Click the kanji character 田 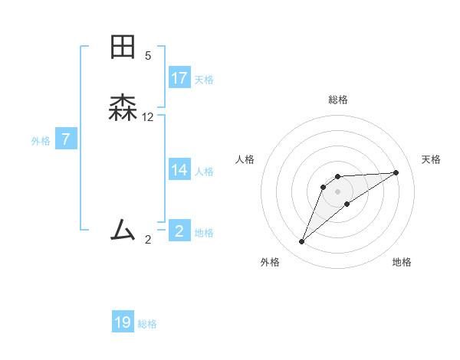[x=123, y=47]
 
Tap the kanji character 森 [x=123, y=108]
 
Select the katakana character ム [x=123, y=229]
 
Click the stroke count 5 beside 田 [x=148, y=55]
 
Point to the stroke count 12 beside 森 [x=148, y=117]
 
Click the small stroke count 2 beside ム [x=148, y=240]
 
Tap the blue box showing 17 [x=179, y=78]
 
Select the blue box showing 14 [x=179, y=170]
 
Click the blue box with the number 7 [x=67, y=140]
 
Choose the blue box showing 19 [x=123, y=322]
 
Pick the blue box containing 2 [x=179, y=231]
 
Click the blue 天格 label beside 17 [x=204, y=80]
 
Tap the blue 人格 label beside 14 [x=204, y=172]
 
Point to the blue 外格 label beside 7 [x=41, y=141]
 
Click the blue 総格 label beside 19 [x=147, y=324]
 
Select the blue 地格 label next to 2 [x=204, y=233]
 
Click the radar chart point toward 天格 [x=396, y=172]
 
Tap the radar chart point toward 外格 [x=302, y=242]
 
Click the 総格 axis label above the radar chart [x=338, y=100]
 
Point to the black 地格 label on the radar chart [x=402, y=263]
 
